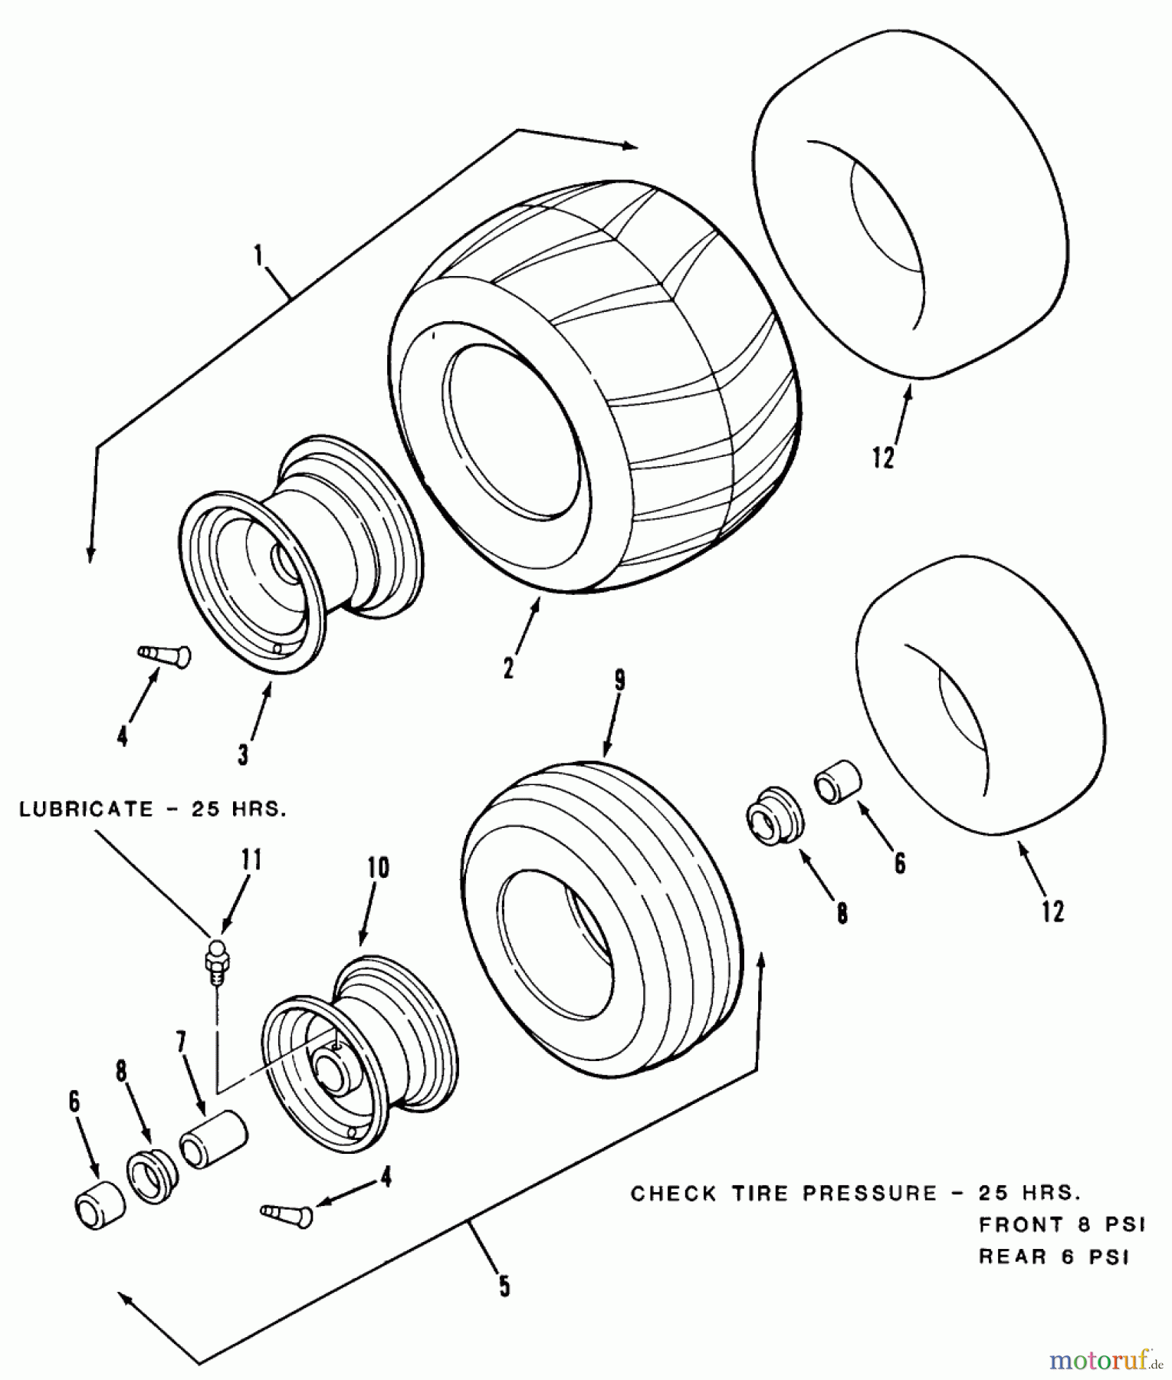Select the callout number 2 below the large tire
point(509,668)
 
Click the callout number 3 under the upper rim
point(243,754)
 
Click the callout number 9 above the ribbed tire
point(619,681)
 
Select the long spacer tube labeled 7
point(215,1140)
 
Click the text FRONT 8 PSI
point(1062,1226)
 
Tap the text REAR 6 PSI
point(1054,1258)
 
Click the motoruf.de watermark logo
point(1104,1360)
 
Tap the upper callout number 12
point(883,458)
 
